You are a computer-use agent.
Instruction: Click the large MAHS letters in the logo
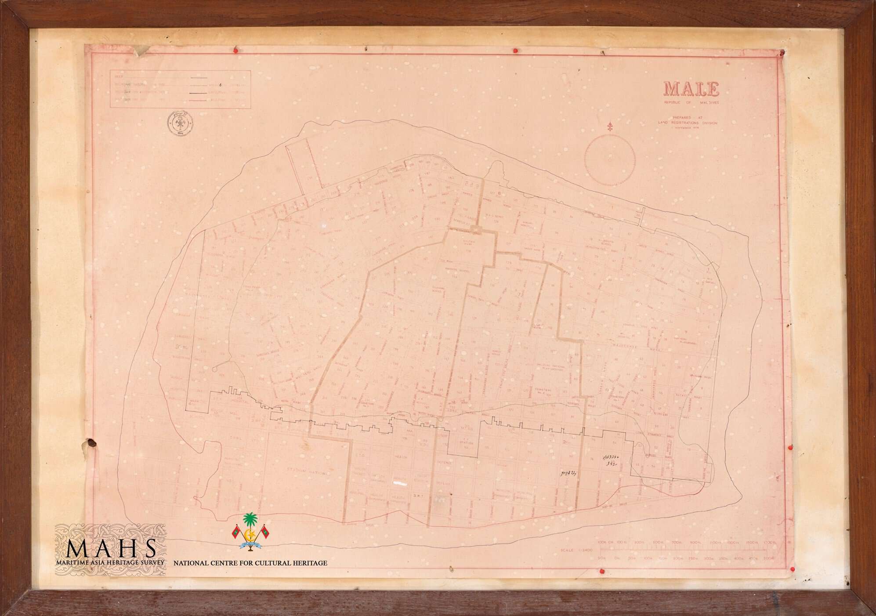click(111, 548)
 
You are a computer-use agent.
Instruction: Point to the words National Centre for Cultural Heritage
click(250, 563)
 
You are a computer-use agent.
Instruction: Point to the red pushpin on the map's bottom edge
click(601, 572)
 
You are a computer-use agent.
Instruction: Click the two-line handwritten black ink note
click(611, 460)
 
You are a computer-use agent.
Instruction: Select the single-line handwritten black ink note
click(568, 473)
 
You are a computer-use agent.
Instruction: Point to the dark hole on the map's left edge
click(91, 444)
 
